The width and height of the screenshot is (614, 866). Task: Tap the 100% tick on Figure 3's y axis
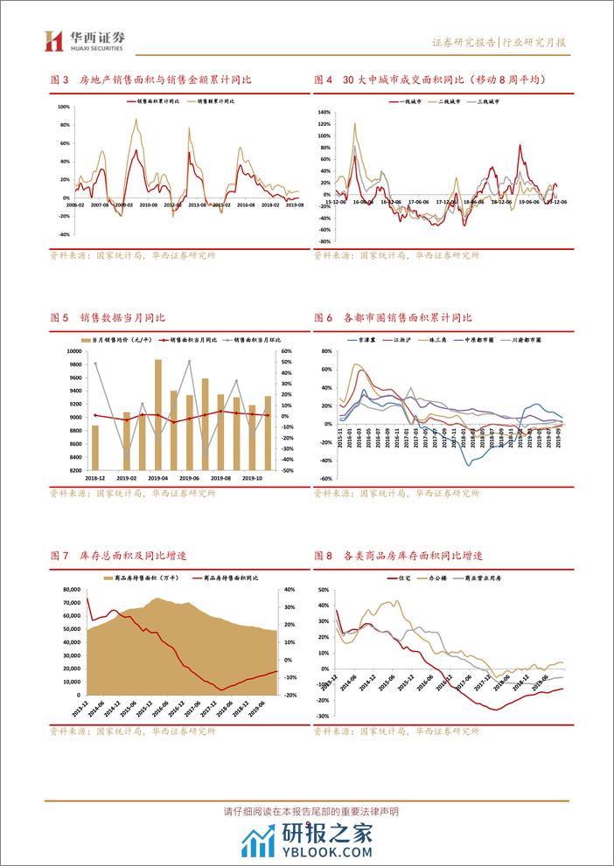tap(62, 107)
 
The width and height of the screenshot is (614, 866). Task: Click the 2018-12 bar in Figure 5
tap(95, 447)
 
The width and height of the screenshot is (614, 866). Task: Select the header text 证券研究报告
tap(464, 42)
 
